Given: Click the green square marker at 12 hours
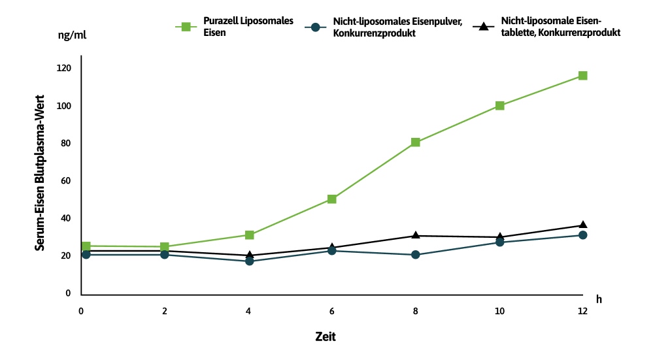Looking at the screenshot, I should [582, 76].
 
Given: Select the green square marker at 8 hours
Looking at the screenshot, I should [415, 142].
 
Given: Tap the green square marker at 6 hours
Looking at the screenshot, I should [332, 199].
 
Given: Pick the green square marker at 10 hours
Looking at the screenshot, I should [499, 105].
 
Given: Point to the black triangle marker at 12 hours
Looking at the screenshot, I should [582, 225].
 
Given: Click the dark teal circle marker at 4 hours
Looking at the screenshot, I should [249, 261].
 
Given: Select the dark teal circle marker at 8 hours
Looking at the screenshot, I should [415, 254].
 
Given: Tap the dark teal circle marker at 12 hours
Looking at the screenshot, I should [582, 235].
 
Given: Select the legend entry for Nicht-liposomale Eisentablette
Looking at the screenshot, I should [559, 27].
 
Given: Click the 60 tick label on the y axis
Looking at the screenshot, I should [65, 181].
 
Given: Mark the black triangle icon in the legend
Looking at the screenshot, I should [484, 27].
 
